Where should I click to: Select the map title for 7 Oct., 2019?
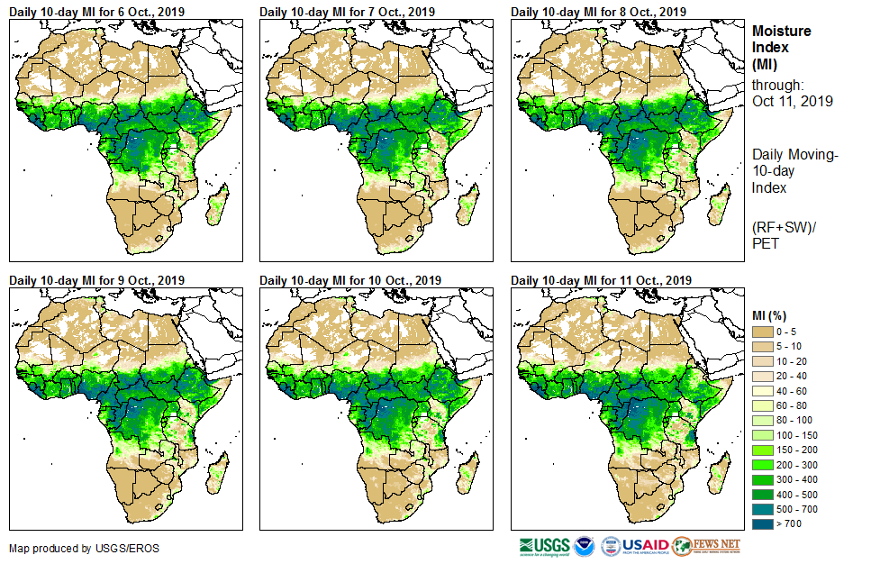[x=347, y=12]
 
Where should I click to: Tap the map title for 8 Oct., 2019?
[x=598, y=12]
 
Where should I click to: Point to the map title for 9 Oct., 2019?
[x=96, y=280]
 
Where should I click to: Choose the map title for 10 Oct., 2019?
[x=350, y=280]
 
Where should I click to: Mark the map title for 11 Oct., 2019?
[x=601, y=280]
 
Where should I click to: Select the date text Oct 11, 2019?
[x=792, y=101]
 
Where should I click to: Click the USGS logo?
[x=544, y=546]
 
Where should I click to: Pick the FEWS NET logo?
[x=707, y=546]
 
